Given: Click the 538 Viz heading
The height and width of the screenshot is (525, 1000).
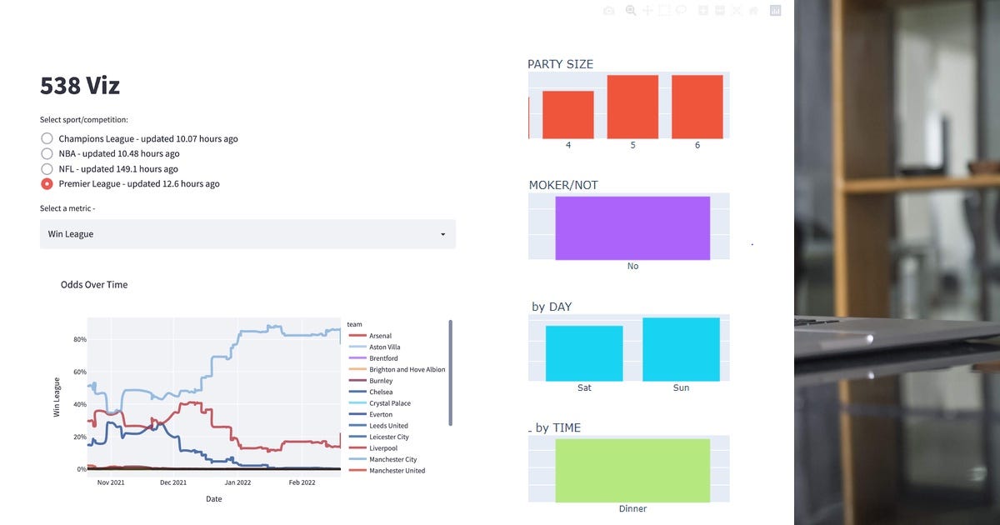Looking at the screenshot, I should click(x=80, y=86).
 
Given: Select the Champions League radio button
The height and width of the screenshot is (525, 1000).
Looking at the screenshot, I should click(x=47, y=138).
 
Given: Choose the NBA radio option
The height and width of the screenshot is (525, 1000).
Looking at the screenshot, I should click(x=47, y=153).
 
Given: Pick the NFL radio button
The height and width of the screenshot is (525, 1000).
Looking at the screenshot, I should click(x=47, y=169).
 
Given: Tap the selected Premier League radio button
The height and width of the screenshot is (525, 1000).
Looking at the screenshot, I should click(x=47, y=184).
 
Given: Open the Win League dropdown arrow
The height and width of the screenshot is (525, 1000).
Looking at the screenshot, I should click(x=442, y=235).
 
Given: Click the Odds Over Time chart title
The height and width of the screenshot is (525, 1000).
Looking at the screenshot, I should click(x=94, y=285).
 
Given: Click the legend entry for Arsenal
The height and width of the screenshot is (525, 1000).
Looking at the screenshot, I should click(x=380, y=336).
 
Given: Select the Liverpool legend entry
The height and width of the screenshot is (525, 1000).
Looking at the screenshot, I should click(x=383, y=448).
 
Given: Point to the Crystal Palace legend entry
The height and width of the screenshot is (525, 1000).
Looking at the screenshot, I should click(x=389, y=403).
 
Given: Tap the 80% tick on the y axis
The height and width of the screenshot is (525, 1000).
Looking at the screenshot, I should click(x=81, y=340).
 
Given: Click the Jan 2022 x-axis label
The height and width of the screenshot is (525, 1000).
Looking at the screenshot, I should click(x=237, y=482).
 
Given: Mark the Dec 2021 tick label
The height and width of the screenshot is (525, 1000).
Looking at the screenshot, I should click(x=173, y=482).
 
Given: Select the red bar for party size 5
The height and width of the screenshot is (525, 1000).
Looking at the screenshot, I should click(x=632, y=107).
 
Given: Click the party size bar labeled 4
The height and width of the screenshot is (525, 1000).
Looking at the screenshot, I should click(x=568, y=114).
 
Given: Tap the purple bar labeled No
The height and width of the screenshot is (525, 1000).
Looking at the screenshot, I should click(x=632, y=228).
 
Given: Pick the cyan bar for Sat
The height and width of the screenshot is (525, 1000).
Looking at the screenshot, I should click(x=584, y=353).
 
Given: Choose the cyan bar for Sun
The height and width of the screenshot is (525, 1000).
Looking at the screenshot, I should click(x=681, y=349).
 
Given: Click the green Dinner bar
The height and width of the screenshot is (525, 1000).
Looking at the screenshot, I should click(x=632, y=470).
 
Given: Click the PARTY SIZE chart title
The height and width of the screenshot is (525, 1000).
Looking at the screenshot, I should click(x=561, y=64).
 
